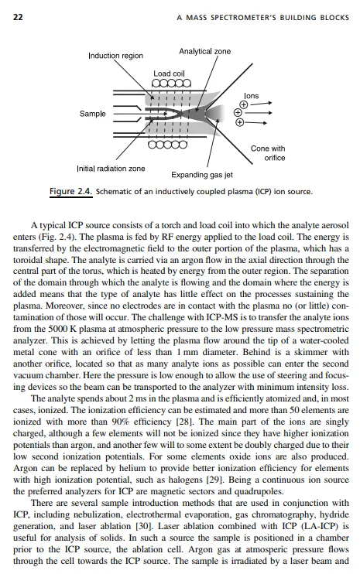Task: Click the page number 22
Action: pos(18,17)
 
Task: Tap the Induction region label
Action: pos(115,56)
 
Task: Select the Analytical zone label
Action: pos(204,51)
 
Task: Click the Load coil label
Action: pos(169,73)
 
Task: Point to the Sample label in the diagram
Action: pos(93,114)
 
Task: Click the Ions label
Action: pos(252,96)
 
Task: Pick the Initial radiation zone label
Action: pos(111,169)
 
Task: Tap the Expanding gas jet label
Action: pos(202,175)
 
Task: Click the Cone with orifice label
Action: pos(268,153)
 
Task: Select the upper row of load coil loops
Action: pos(171,84)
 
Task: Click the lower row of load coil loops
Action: pos(168,144)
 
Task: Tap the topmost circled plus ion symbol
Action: pos(244,105)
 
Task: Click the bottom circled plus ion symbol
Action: pos(239,122)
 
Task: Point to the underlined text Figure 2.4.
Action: pos(71,191)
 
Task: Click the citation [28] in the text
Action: pos(184,422)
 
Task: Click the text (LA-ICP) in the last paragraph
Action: pos(319,526)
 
